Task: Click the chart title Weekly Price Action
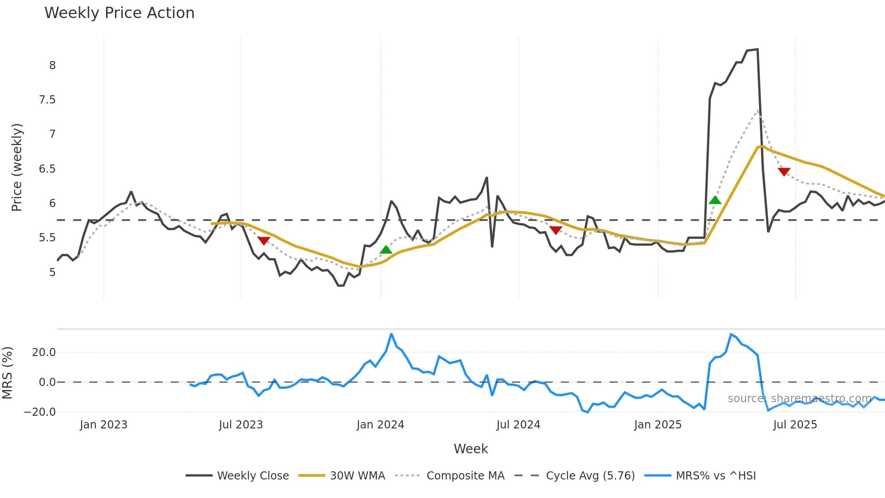(x=119, y=13)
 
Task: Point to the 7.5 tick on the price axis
(x=47, y=100)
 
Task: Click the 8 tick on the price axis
(x=52, y=66)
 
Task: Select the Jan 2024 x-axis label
(x=380, y=425)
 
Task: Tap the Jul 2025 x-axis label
(x=795, y=425)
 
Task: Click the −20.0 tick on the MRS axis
(x=40, y=412)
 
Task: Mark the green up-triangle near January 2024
(x=386, y=249)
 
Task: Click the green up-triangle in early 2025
(x=715, y=200)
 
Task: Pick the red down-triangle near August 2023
(x=264, y=240)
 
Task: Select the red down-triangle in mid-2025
(x=784, y=172)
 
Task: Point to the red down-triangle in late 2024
(x=556, y=230)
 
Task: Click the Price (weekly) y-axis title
(x=17, y=167)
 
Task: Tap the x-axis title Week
(x=470, y=449)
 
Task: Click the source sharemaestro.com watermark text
(x=799, y=399)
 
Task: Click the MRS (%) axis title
(x=8, y=373)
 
